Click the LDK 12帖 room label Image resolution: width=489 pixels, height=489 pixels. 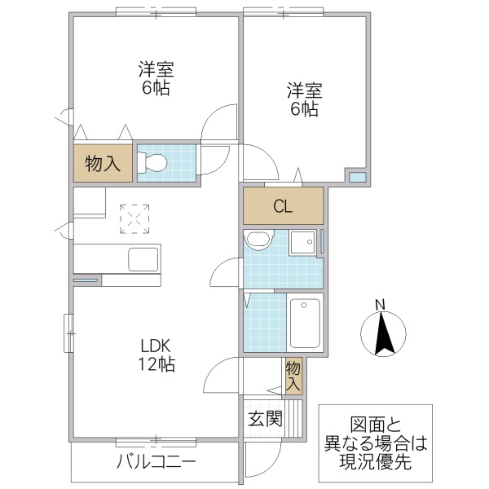pyautogui.click(x=155, y=354)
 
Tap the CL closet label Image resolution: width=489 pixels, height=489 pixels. pyautogui.click(x=283, y=206)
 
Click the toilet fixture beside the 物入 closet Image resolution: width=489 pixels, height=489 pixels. pyautogui.click(x=154, y=163)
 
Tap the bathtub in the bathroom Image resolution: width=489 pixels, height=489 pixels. pyautogui.click(x=306, y=322)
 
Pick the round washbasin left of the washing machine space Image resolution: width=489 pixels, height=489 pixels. pyautogui.click(x=258, y=241)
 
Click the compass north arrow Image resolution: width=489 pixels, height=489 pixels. pyautogui.click(x=380, y=334)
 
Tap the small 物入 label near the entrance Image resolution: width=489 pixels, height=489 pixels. pyautogui.click(x=293, y=376)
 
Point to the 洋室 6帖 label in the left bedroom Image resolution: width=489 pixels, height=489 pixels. pyautogui.click(x=155, y=79)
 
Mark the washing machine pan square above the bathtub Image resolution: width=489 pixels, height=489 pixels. pyautogui.click(x=304, y=242)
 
